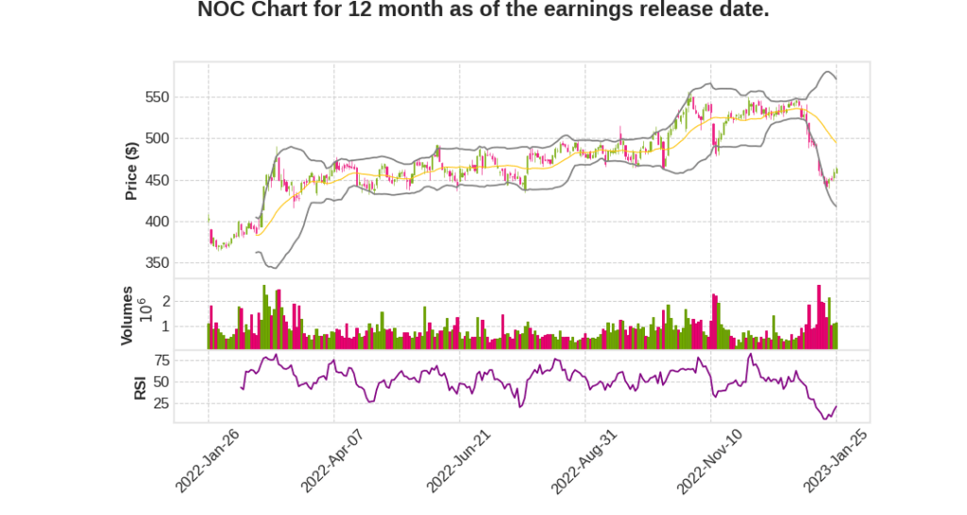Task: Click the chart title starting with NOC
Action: click(x=483, y=10)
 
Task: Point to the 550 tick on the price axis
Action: click(x=157, y=97)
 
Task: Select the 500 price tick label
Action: click(x=157, y=139)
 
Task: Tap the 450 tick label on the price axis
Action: click(x=157, y=180)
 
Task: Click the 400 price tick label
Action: click(x=157, y=222)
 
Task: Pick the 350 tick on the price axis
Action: click(x=157, y=263)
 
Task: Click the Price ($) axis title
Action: click(x=132, y=171)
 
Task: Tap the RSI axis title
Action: click(x=139, y=387)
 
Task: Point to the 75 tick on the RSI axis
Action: click(x=161, y=360)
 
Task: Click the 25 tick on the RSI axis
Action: click(x=161, y=404)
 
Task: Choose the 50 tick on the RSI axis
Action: click(x=161, y=382)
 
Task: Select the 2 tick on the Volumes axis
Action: click(x=165, y=301)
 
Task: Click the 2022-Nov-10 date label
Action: click(x=709, y=461)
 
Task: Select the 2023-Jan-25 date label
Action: click(x=836, y=461)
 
